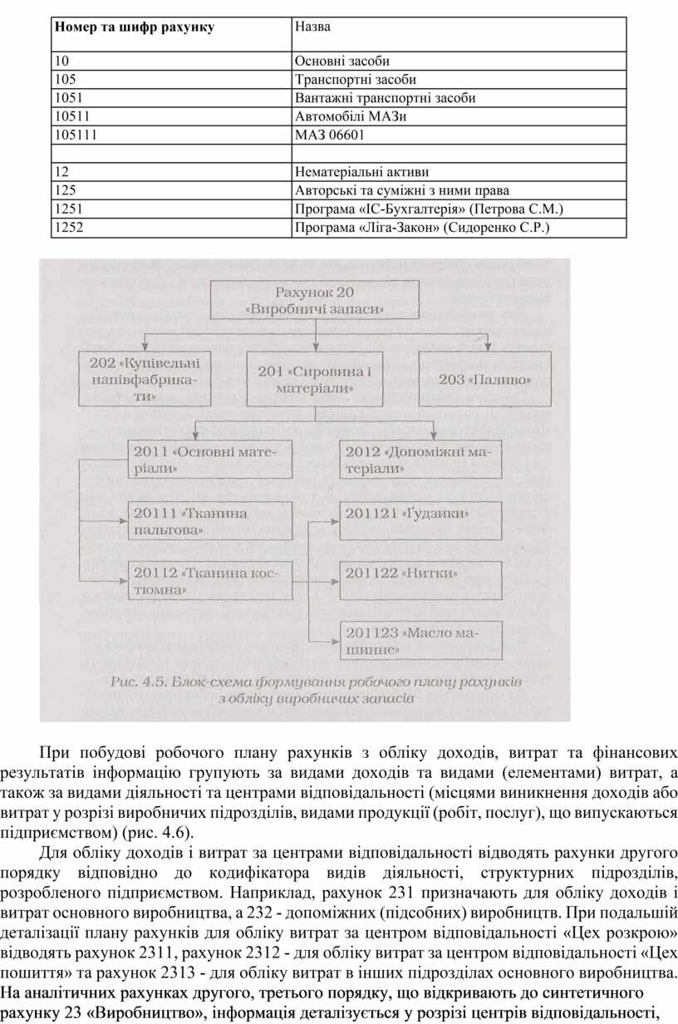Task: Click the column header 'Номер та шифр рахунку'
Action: coord(135,27)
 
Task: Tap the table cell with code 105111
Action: coord(74,134)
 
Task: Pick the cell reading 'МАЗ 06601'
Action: coord(329,134)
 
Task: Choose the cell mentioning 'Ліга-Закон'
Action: coord(422,226)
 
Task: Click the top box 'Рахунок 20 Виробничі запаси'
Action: coord(315,299)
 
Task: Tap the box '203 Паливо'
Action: coord(485,379)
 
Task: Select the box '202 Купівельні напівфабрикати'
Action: coord(145,379)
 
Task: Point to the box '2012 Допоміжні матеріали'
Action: coord(420,460)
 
